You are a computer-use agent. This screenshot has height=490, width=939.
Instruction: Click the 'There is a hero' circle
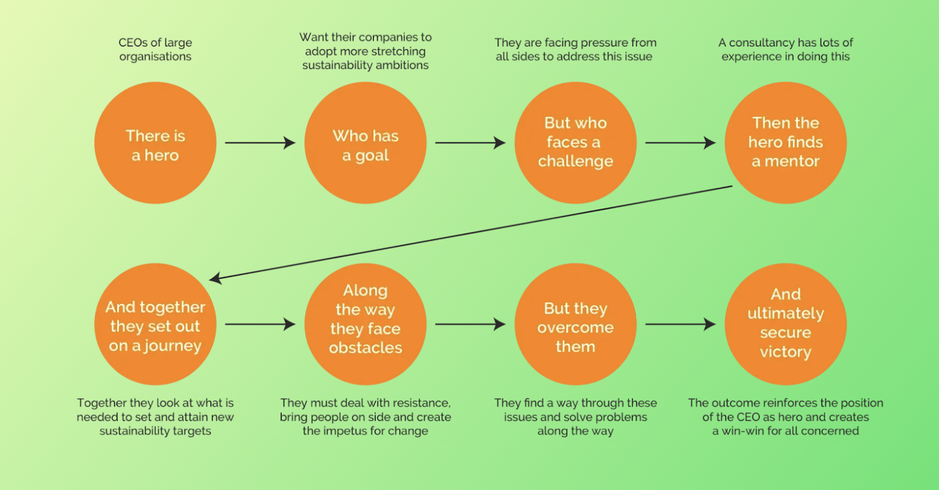tap(155, 143)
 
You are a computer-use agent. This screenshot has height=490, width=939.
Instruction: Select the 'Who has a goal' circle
tap(365, 143)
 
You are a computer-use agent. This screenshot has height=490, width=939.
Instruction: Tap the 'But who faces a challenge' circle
tap(575, 143)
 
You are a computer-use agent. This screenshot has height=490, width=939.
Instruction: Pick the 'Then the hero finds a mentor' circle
tap(785, 143)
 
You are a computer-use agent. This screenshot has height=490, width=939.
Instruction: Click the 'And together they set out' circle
tap(155, 325)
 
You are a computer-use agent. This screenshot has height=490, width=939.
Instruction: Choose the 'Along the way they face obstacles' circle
tap(365, 325)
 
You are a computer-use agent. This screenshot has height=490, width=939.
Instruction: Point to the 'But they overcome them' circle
tap(575, 325)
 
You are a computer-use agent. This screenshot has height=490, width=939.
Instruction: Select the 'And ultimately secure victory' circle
tap(785, 325)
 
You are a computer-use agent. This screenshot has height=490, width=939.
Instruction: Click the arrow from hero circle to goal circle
tap(259, 143)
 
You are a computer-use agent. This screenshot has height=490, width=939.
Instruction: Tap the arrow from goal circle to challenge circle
tap(469, 143)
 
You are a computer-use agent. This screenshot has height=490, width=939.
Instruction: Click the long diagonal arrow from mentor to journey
tap(469, 232)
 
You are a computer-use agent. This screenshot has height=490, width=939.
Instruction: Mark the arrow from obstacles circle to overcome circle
tap(469, 324)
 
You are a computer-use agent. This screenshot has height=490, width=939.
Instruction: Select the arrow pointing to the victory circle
tap(680, 324)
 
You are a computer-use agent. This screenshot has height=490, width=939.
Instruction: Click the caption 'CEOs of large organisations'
tap(155, 50)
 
